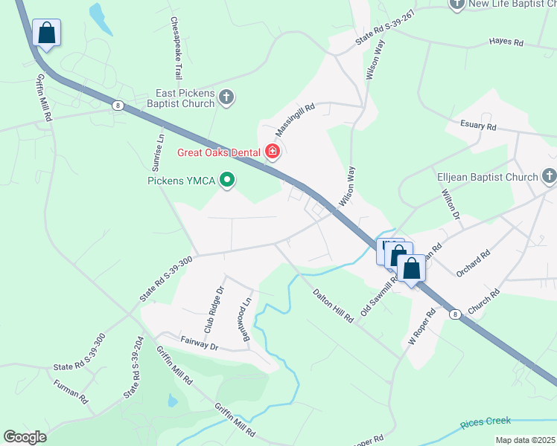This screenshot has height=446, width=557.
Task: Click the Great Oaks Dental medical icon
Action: tap(273, 152)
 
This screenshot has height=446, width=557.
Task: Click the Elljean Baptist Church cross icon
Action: tap(549, 177)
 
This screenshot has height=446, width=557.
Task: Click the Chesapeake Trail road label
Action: tap(176, 49)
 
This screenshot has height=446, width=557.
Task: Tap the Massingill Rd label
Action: tap(296, 119)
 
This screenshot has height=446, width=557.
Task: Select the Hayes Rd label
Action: tap(506, 42)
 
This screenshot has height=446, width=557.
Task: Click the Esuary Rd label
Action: tap(478, 126)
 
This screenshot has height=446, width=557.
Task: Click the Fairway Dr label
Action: tap(198, 346)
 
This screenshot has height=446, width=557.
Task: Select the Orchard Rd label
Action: tap(474, 264)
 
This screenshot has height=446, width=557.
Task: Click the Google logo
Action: tap(25, 437)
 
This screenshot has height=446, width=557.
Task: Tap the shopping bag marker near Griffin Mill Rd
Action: tap(46, 33)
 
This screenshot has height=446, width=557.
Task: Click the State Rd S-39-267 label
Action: tap(384, 29)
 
